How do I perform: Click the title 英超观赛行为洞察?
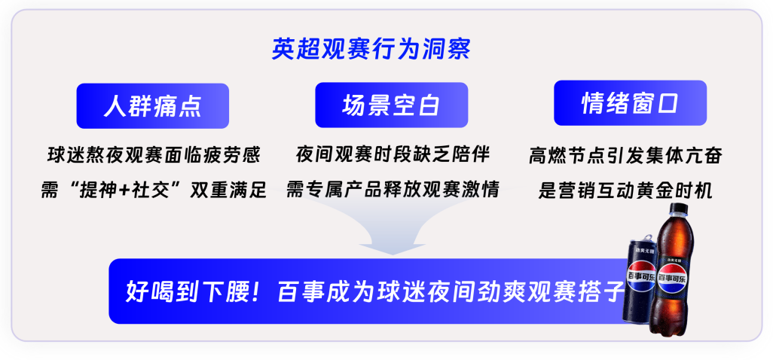click(x=371, y=49)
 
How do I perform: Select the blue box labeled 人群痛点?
click(x=152, y=106)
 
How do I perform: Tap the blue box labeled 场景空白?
click(x=392, y=105)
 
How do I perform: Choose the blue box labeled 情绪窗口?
click(x=630, y=103)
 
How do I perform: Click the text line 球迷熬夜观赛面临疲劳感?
click(x=153, y=156)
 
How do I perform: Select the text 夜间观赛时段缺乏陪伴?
click(x=393, y=155)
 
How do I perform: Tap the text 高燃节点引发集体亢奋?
click(x=625, y=156)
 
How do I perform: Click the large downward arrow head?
click(x=393, y=245)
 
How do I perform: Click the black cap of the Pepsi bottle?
click(x=677, y=209)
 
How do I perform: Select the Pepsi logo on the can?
click(x=640, y=277)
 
